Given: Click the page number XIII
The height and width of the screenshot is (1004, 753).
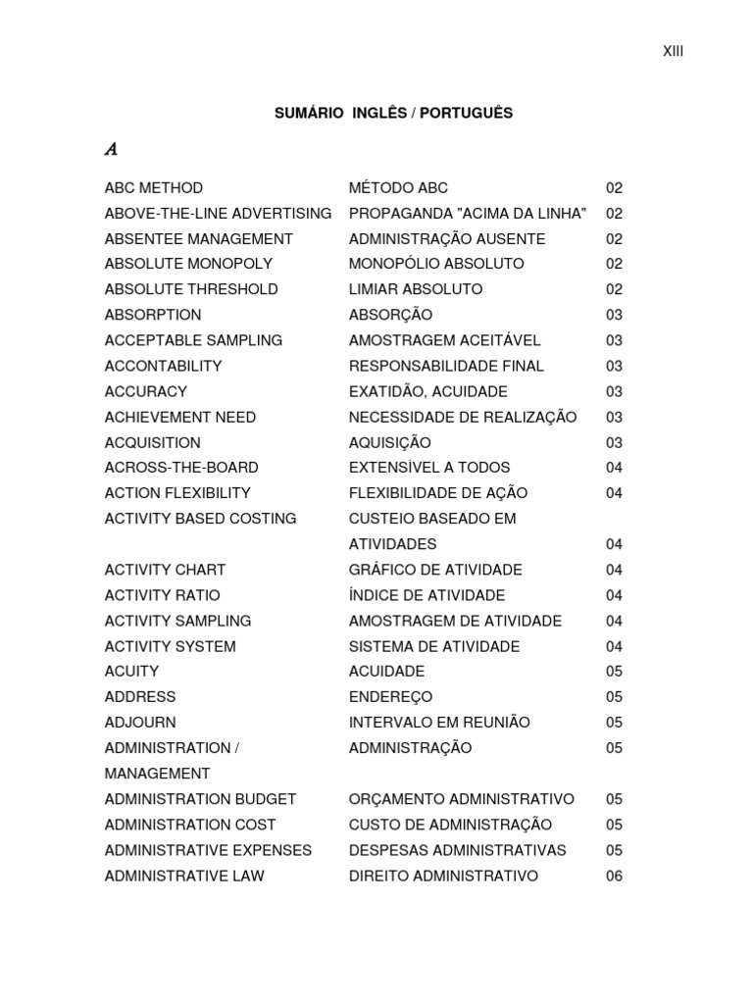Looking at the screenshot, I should click(673, 52).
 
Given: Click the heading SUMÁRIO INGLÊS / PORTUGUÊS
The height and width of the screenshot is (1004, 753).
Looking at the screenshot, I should click(393, 114).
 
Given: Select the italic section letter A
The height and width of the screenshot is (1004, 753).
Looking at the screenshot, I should click(111, 150).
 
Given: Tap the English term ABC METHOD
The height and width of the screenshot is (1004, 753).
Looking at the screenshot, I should click(154, 188).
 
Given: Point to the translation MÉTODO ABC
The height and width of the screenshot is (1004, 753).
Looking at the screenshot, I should click(398, 188).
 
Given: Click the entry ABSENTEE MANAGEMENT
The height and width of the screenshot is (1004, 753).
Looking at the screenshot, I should click(199, 239).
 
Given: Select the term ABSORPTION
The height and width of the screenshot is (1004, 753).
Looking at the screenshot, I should click(153, 315).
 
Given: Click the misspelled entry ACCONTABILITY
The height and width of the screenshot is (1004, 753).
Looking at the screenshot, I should click(163, 366).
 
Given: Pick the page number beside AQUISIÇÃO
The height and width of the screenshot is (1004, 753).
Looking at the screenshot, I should click(614, 442).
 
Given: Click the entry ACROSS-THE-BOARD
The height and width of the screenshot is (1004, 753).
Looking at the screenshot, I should click(181, 468).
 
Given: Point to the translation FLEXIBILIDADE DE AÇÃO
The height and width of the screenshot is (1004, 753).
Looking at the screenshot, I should click(438, 493).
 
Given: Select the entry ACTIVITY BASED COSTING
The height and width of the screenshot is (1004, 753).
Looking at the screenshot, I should click(200, 519).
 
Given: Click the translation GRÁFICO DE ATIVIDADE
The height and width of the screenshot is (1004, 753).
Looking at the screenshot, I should click(435, 570).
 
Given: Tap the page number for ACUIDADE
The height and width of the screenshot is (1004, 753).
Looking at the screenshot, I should click(614, 672).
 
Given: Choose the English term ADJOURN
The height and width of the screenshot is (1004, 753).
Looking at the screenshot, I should click(140, 723).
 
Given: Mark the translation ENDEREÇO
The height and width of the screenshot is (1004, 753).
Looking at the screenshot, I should click(390, 697).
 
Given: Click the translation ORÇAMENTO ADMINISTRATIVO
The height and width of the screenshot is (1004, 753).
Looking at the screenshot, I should click(462, 799).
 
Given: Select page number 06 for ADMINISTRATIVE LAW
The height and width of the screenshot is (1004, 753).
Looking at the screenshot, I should click(614, 876).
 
